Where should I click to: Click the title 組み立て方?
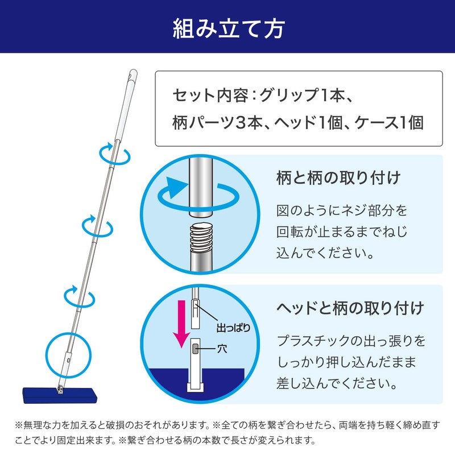[227, 27]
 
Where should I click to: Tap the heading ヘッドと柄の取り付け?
[350, 309]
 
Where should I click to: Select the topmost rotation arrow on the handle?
[113, 153]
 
